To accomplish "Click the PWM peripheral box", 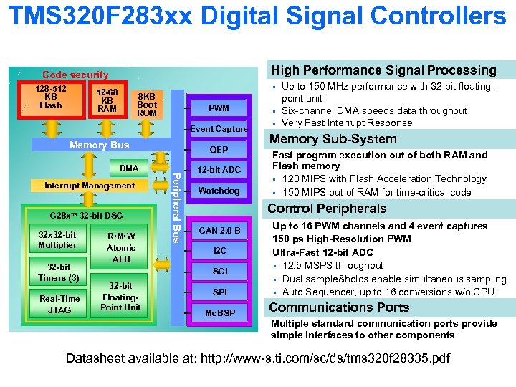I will (219, 108).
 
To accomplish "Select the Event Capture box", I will (219, 129).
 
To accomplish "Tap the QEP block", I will (219, 150).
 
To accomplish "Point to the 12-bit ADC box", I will (219, 169).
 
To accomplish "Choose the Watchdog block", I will (219, 191).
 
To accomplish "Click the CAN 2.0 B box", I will (219, 230).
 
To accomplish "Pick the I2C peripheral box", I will (219, 251).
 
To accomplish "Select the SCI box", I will (219, 272).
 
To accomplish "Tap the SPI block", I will (219, 292).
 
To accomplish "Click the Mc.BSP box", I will (219, 313).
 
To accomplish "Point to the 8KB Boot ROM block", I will (146, 104).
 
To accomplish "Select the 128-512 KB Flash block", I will (51, 97).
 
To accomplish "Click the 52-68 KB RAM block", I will (107, 100).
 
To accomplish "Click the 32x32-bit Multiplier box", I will (57, 240).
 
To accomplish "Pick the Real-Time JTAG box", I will (59, 304).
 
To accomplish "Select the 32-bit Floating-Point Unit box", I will (120, 296).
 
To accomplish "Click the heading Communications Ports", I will (339, 307).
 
